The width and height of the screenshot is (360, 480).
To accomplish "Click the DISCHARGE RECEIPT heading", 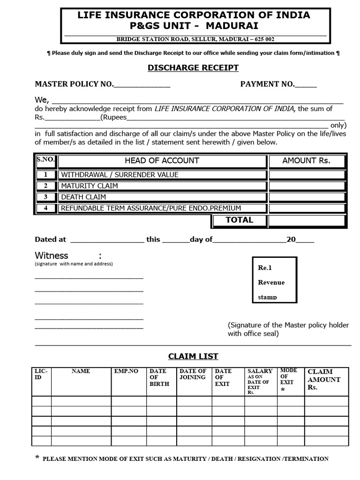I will [193, 67].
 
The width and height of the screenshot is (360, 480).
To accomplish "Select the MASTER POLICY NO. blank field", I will [142, 85].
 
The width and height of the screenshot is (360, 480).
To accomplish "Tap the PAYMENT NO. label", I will [267, 84].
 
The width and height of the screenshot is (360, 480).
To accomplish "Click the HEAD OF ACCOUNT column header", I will [162, 161].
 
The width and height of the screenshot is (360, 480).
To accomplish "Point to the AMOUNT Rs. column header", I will [306, 161].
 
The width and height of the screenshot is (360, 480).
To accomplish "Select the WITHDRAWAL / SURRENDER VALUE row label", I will [120, 175].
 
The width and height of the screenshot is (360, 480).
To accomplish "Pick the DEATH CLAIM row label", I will [83, 197].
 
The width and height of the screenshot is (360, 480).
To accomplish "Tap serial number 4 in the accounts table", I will [46, 208].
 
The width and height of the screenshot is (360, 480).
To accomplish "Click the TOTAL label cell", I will [239, 220].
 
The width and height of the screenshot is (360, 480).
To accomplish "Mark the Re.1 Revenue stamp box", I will [274, 280].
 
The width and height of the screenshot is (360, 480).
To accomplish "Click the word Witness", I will [52, 255].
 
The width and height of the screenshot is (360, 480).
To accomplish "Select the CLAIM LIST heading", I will [193, 356].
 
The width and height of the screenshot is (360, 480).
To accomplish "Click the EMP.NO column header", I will [127, 371].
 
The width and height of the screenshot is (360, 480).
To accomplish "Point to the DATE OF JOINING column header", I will [193, 374].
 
